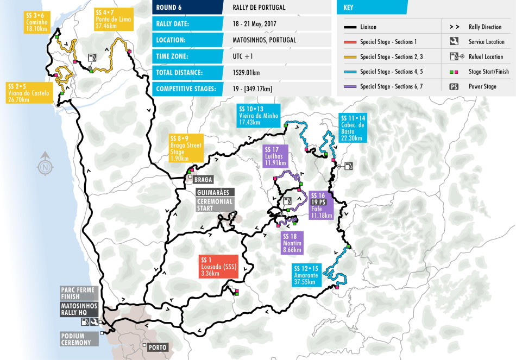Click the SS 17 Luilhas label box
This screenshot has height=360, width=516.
tap(275, 156)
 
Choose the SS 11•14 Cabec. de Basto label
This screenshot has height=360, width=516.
tap(352, 128)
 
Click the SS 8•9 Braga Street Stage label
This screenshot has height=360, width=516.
tap(186, 148)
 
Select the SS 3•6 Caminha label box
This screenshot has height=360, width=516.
tap(38, 20)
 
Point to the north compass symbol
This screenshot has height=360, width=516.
tap(45, 165)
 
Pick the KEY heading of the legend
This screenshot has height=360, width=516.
tap(372, 8)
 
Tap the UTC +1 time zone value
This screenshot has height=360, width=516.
tap(243, 56)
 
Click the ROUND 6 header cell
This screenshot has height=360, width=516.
tap(187, 8)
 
